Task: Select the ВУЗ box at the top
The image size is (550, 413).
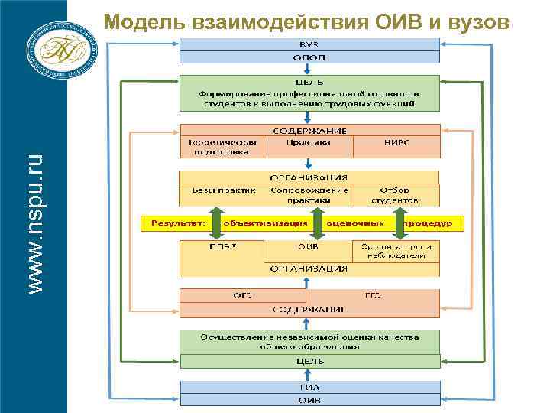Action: pyautogui.click(x=309, y=44)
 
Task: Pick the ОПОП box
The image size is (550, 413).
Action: pyautogui.click(x=309, y=57)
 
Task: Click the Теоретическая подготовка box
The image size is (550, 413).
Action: pyautogui.click(x=222, y=147)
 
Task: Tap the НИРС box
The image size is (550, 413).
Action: pyautogui.click(x=396, y=143)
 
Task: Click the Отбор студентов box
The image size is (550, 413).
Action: pyautogui.click(x=396, y=195)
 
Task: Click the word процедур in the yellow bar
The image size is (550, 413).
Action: pyautogui.click(x=432, y=223)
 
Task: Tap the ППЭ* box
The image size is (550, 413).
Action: pyautogui.click(x=222, y=247)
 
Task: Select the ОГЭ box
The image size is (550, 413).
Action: pyautogui.click(x=243, y=295)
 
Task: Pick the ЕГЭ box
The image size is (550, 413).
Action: pyautogui.click(x=373, y=295)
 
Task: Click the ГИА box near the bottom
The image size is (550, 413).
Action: pyautogui.click(x=309, y=387)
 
